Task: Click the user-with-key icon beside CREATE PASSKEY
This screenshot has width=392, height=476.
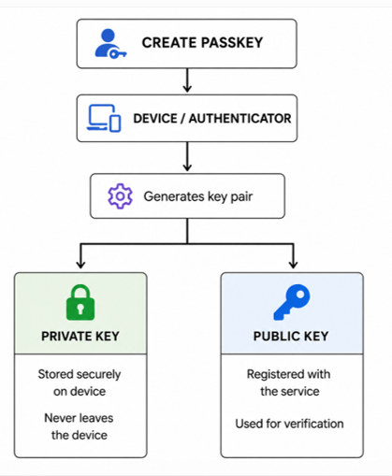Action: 110,43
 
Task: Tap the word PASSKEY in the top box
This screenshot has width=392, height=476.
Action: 232,43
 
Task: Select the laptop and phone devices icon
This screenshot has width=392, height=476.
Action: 104,118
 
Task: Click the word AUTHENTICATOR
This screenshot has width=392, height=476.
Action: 240,119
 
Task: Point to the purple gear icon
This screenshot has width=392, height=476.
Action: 120,195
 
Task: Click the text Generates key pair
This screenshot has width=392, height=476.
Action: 198,196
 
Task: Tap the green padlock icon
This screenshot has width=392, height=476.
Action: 80,302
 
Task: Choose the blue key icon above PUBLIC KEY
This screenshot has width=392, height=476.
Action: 292,302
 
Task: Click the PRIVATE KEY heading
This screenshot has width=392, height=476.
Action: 80,336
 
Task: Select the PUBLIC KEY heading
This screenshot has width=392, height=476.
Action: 291,336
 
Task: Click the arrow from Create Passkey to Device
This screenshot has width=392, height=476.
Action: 187,80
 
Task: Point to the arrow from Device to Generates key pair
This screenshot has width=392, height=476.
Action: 187,156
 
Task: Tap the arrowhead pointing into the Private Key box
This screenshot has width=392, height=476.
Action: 80,265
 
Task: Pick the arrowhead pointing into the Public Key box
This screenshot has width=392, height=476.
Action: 293,265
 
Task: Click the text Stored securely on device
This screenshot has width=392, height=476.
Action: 80,382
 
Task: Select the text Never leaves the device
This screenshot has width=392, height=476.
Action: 79,426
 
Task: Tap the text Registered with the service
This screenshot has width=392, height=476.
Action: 289,382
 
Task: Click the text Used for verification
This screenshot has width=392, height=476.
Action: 289,424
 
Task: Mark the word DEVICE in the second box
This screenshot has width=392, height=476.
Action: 155,119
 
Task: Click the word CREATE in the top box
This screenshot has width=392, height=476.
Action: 169,43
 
